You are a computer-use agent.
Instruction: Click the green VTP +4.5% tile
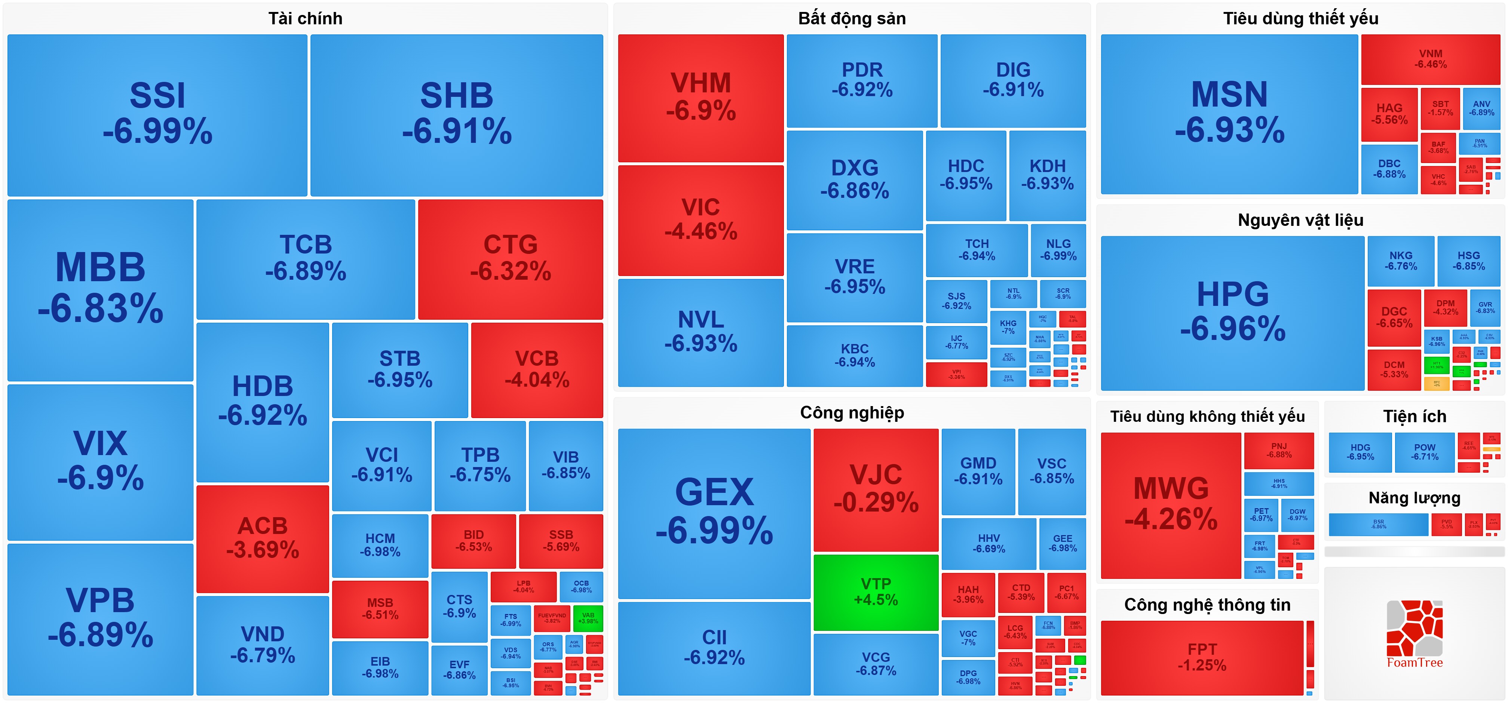(876, 592)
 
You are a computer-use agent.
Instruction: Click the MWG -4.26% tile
(1171, 504)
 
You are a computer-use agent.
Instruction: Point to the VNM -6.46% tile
(1430, 59)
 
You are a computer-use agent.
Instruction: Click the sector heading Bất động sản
(852, 19)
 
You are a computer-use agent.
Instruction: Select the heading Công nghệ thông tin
(1207, 605)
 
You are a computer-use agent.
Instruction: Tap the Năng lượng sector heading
(1414, 498)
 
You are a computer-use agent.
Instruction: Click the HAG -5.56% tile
(1389, 114)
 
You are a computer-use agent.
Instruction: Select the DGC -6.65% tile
(1394, 317)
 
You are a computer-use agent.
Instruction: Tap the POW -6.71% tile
(1424, 451)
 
